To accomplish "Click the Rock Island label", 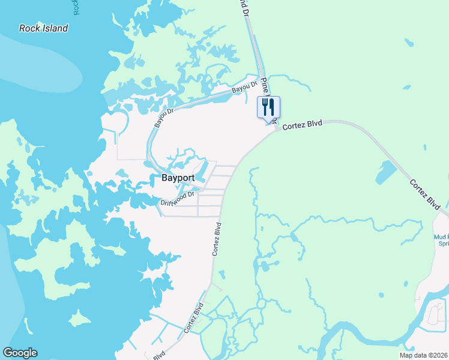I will [43, 28].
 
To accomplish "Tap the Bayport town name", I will [178, 178].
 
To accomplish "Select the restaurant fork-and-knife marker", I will [268, 108].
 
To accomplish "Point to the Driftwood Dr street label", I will [178, 199].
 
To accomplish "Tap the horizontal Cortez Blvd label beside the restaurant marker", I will [302, 125].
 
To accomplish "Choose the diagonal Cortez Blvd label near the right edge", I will [425, 193].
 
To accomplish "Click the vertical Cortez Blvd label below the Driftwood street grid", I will [217, 239].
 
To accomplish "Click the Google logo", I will [20, 353].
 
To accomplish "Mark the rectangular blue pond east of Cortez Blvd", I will [385, 173].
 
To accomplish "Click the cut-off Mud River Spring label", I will [442, 240].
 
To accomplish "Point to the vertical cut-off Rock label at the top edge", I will [76, 7].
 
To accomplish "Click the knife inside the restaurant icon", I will [272, 107].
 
